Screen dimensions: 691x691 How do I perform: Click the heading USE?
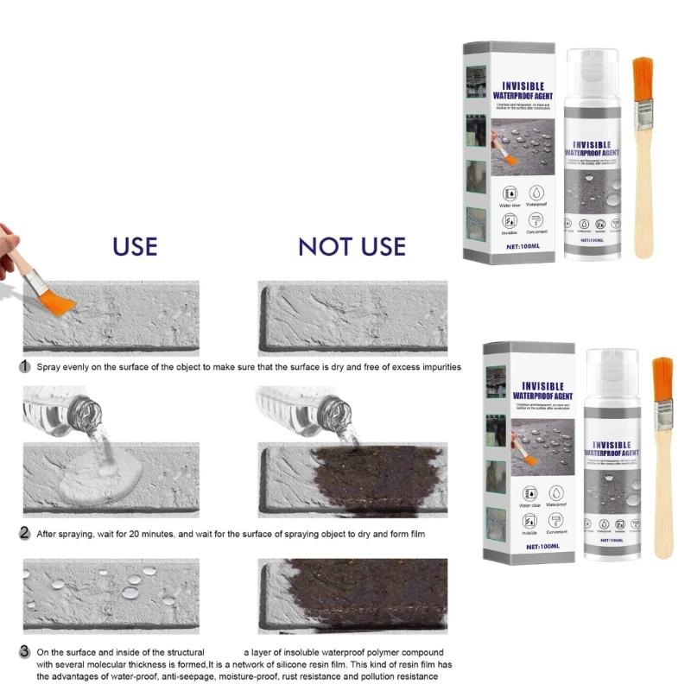(x=135, y=245)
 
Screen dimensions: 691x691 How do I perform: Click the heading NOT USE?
(x=352, y=245)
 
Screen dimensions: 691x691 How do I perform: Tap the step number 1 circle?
(x=26, y=367)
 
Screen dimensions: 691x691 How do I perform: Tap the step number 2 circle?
(x=26, y=534)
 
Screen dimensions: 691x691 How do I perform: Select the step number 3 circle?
(x=26, y=652)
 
